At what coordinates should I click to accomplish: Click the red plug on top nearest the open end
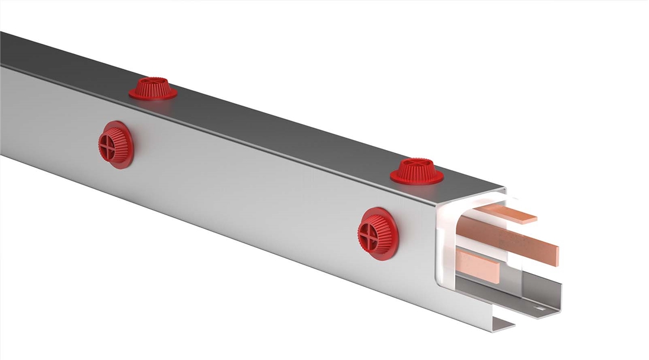(417, 171)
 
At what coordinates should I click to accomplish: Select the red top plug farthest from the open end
(153, 88)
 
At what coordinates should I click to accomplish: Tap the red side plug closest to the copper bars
(378, 234)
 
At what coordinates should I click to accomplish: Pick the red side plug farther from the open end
(116, 145)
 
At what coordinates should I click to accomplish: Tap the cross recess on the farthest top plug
(153, 80)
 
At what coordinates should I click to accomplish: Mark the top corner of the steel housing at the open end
(503, 190)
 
